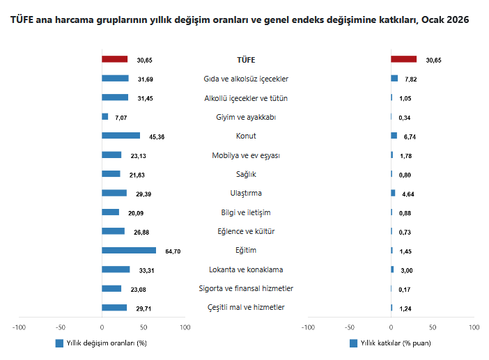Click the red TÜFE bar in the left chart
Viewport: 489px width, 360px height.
point(114,60)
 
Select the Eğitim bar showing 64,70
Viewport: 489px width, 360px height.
point(129,251)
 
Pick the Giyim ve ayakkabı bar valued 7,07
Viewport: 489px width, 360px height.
point(105,117)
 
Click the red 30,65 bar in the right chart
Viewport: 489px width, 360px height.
point(403,60)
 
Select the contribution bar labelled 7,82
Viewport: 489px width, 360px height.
point(394,79)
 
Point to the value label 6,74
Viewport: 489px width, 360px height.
point(410,137)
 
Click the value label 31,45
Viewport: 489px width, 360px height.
point(145,99)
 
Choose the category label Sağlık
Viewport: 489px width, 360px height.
point(246,175)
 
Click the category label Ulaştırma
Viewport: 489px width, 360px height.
point(246,194)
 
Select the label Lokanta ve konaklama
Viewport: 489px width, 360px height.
point(246,269)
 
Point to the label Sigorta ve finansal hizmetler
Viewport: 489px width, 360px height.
point(246,288)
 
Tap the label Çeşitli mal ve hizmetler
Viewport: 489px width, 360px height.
point(246,308)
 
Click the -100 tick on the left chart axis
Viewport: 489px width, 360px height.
point(19,326)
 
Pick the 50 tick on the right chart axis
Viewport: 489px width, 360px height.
point(433,326)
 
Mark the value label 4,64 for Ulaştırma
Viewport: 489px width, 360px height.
point(407,194)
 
